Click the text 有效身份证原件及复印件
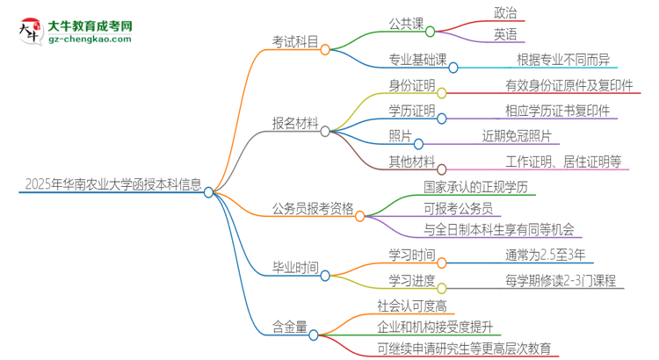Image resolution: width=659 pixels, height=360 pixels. tap(567, 86)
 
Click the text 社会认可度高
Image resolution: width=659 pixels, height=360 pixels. tap(411, 306)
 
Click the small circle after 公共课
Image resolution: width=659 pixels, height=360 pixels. tap(431, 32)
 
